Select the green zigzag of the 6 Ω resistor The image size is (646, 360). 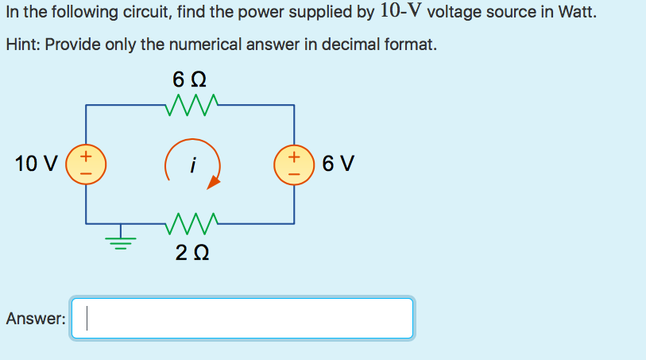tap(191, 106)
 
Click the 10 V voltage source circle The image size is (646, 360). tap(87, 165)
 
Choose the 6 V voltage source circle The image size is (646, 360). tap(295, 165)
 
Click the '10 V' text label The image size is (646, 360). tap(37, 165)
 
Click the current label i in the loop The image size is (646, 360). tap(191, 165)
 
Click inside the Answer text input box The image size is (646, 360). tap(242, 319)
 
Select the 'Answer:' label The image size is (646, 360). tap(35, 319)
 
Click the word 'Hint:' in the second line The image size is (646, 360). tap(23, 45)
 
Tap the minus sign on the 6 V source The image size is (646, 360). tap(295, 175)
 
